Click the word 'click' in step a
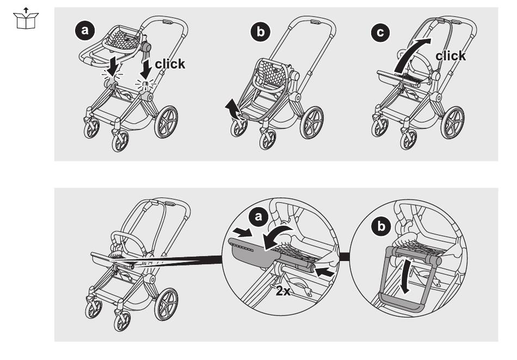(x=169, y=64)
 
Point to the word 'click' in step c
(x=451, y=55)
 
